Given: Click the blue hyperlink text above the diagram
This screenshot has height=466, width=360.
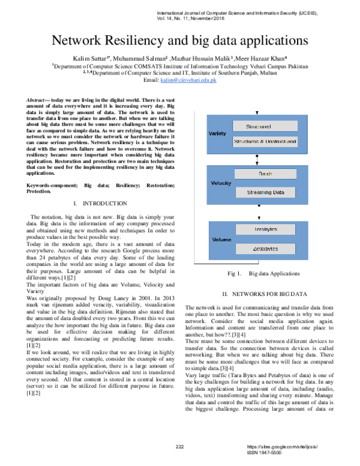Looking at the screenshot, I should pos(188,80).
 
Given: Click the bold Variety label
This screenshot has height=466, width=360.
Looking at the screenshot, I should pos(217,133).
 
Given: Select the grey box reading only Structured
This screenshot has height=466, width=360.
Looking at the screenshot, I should pos(265,127).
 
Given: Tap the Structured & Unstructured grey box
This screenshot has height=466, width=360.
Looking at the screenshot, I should pos(265,142).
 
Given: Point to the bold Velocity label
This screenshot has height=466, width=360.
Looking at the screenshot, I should pos(221,183).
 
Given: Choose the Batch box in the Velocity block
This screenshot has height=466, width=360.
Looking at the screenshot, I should pos(265,174).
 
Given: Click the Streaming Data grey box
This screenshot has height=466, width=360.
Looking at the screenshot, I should pos(265,192).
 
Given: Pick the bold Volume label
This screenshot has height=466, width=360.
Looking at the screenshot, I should pos(221,240).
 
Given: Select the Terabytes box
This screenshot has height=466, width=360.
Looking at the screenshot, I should pos(265,229).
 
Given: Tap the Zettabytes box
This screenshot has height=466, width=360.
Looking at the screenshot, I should pos(265,249).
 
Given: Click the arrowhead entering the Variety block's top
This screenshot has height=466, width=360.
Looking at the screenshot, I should pos(257,113).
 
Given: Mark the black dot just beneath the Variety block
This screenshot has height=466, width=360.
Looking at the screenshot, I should pos(257,156).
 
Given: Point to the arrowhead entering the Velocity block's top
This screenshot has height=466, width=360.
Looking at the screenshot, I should pos(257,163).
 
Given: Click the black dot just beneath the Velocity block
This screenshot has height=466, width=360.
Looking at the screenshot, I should pos(259,205).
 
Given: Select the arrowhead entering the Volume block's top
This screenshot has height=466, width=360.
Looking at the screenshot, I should pos(259,219).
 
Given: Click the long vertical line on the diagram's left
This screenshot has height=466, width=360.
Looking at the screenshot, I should pos(194,186).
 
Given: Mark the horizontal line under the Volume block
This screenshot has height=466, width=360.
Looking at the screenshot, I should pos(226,264).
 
